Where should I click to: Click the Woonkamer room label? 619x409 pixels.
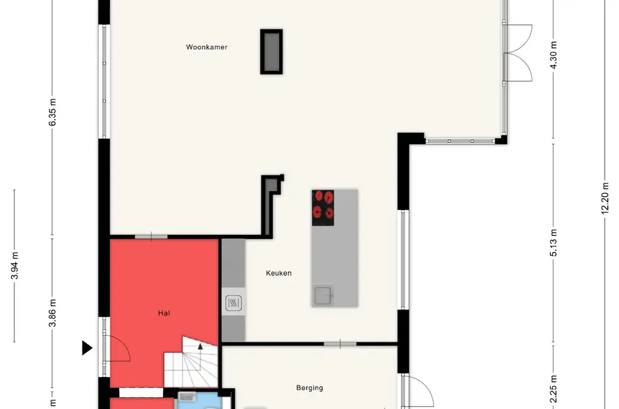tap(206, 47)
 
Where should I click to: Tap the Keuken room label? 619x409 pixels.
tap(278, 273)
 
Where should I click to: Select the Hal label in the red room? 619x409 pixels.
tap(164, 313)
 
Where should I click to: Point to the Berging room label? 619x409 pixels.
tap(309, 387)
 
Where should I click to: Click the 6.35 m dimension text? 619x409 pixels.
tap(52, 113)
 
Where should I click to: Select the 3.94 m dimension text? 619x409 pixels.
tap(14, 266)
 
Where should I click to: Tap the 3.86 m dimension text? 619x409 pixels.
tap(52, 313)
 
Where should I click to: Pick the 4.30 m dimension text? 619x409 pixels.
tap(553, 55)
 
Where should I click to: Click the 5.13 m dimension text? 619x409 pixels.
tap(553, 243)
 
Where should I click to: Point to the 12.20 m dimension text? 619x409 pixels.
tap(605, 198)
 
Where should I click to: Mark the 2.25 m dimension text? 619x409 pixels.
tap(553, 389)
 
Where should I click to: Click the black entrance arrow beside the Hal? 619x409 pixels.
tap(87, 348)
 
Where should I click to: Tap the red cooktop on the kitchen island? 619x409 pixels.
tap(323, 208)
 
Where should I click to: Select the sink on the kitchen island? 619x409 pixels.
tap(323, 296)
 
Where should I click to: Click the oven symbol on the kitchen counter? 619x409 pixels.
tap(233, 303)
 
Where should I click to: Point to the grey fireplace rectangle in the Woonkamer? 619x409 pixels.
tap(271, 52)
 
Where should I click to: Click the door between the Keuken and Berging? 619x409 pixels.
tap(340, 344)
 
